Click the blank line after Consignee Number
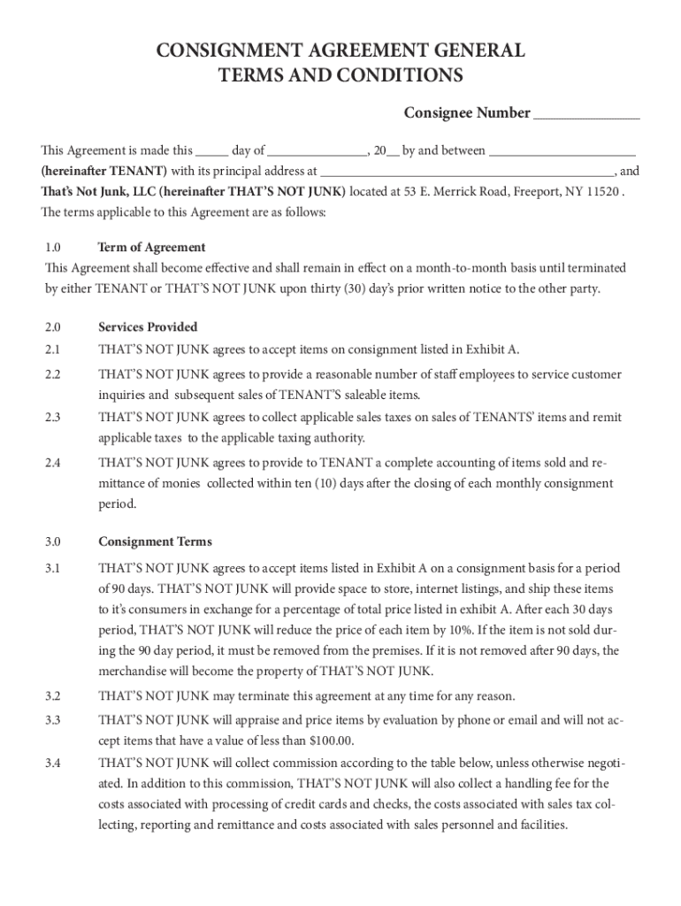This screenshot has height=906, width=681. [x=586, y=114]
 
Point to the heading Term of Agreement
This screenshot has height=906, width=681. [x=151, y=248]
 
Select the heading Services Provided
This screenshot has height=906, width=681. [x=148, y=327]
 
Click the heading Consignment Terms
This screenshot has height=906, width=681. [x=155, y=541]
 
